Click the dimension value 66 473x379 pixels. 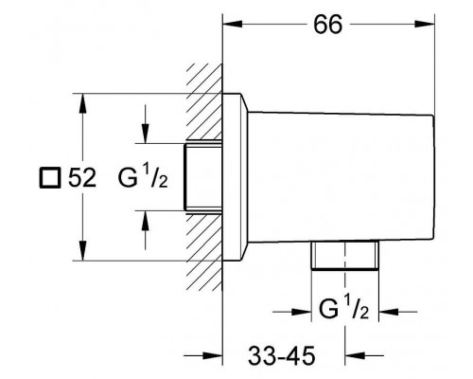pos(327,25)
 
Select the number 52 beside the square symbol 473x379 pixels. pos(82,177)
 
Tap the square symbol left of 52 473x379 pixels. pos(49,178)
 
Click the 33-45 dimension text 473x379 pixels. pos(281,356)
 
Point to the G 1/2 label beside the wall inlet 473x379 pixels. pos(143,177)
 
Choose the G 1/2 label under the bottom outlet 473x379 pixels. pos(343,309)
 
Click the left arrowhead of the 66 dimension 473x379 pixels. pos(233,24)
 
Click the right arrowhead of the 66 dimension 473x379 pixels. pos(425,24)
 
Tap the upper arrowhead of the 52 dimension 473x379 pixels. pos(82,103)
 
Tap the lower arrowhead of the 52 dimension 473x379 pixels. pos(82,251)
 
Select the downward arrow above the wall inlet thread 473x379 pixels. pos(145,124)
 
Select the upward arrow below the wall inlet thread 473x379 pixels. pos(145,230)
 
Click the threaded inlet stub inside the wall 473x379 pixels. pos(203,177)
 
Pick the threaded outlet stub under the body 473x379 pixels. pos(345,256)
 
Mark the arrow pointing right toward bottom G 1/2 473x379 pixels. pos(292,312)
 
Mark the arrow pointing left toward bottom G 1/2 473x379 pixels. pos(398,312)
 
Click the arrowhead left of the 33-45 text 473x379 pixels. pos(203,356)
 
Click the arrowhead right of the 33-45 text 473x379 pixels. pos(364,356)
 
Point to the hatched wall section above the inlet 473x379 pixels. pos(204,101)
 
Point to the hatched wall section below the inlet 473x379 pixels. pos(204,252)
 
